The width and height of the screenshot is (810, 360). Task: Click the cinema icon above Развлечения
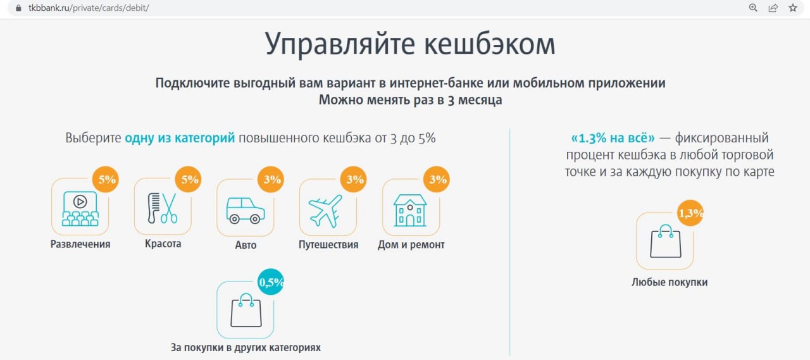[x=80, y=209]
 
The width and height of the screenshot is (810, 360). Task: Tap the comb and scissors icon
[x=163, y=208]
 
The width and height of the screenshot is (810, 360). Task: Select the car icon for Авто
[x=246, y=210]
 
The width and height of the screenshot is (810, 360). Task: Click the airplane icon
[x=325, y=211]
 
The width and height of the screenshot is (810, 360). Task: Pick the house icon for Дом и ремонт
[x=410, y=210]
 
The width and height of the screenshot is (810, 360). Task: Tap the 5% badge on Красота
[x=188, y=179]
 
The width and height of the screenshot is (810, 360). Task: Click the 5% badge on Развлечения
[x=106, y=179]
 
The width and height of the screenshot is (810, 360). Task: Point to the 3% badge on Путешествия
[x=354, y=179]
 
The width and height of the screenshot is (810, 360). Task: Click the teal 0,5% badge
[x=271, y=282]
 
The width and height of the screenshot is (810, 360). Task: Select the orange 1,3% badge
[x=690, y=213]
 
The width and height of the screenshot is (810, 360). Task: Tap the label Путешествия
[x=328, y=245]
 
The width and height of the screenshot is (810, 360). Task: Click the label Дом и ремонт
[x=411, y=245]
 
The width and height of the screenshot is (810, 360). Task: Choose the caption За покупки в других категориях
[x=246, y=347]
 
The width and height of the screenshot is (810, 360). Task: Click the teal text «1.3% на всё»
[x=613, y=138]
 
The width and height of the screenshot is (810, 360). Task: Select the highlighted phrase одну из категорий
[x=180, y=138]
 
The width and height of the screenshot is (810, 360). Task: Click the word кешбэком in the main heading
[x=490, y=44]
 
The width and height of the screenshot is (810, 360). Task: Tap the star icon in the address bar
[x=793, y=8]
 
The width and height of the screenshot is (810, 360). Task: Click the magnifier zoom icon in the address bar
[x=753, y=8]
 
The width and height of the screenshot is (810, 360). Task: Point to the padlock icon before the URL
[x=18, y=8]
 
